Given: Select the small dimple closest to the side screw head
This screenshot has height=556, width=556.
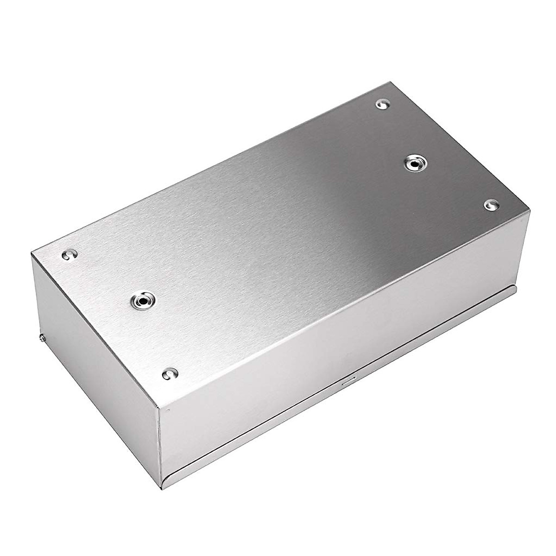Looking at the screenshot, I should [68, 254].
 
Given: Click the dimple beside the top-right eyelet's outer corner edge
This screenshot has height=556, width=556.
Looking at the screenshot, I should [490, 204].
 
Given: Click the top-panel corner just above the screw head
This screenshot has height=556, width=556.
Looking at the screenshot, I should [32, 253].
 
